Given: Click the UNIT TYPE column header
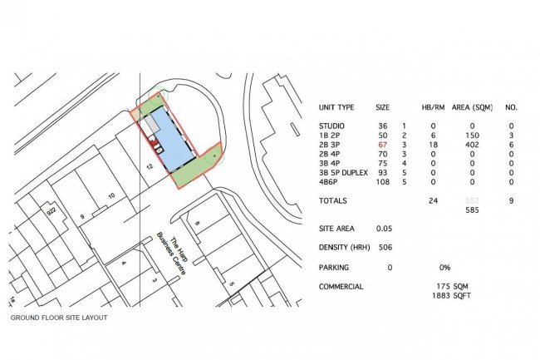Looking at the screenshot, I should click(336, 108).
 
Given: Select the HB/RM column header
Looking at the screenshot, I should click(433, 108).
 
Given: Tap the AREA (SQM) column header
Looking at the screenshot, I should click(474, 108).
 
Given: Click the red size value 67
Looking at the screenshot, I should click(383, 145).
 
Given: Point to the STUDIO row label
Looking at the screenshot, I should click(332, 126).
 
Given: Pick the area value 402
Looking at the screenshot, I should click(473, 145).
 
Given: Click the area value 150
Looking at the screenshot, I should click(473, 135).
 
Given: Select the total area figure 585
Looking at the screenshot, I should click(473, 211).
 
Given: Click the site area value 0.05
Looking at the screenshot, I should click(384, 228).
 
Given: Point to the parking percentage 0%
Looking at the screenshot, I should click(444, 268).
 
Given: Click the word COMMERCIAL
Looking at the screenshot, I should click(341, 287).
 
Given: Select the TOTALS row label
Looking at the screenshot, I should click(332, 200).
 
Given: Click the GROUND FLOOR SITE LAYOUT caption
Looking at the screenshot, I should click(58, 318).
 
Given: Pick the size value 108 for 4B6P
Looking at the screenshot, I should click(383, 181).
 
